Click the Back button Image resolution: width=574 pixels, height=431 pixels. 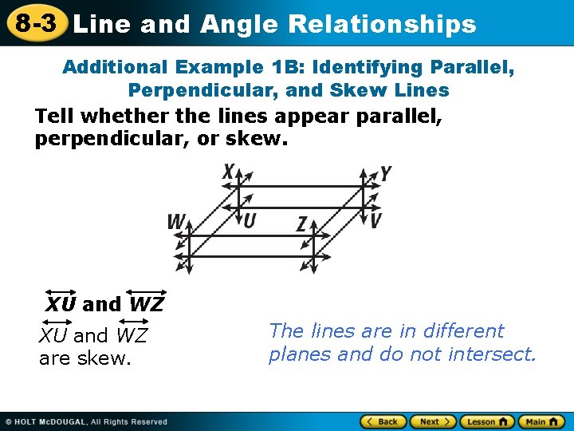coord(383,421)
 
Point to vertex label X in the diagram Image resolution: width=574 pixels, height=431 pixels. coord(229,172)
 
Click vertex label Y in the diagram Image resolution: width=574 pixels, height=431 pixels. coord(385,173)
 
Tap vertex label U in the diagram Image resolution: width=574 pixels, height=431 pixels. coord(250,219)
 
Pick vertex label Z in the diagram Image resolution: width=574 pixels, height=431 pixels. coord(301,224)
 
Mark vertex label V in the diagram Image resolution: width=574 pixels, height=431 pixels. coord(375,219)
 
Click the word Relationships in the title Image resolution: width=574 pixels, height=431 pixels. coord(382,24)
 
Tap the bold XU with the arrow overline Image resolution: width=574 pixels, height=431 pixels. coord(61,303)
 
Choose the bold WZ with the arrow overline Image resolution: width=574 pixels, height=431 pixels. coord(146,303)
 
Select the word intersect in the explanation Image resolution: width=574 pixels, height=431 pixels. coord(495,354)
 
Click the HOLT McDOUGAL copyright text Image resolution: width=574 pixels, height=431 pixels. coord(86,421)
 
